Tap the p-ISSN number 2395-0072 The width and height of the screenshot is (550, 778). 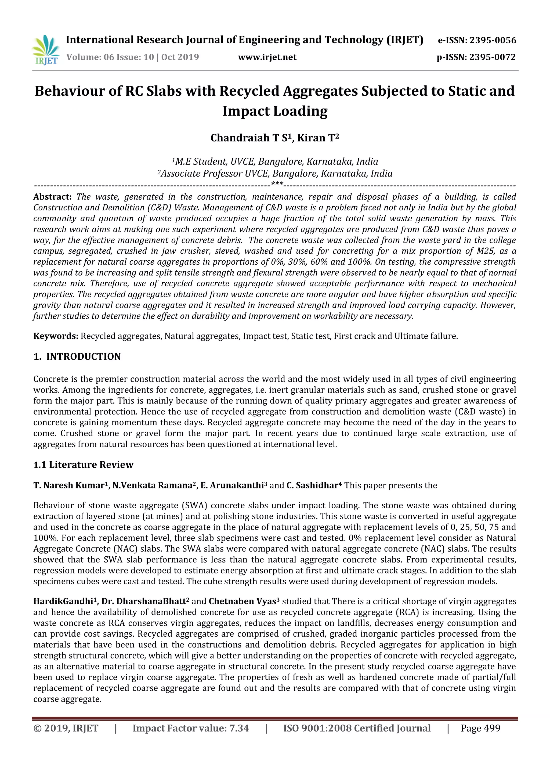click(x=492, y=57)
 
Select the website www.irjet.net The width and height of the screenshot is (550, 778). click(x=267, y=57)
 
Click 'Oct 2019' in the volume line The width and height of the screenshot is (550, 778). click(x=180, y=57)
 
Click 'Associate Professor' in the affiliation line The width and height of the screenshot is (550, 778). click(x=201, y=174)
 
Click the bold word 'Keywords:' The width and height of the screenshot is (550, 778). click(x=56, y=336)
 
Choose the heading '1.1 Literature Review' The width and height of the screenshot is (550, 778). click(x=83, y=464)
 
